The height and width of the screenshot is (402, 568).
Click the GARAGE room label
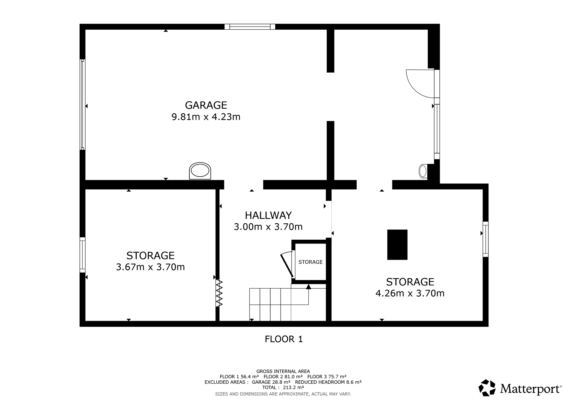(206, 105)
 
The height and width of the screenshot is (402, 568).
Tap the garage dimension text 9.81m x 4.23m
(206, 117)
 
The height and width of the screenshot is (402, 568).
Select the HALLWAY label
(268, 215)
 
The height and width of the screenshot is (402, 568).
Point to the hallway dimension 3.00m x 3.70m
(268, 227)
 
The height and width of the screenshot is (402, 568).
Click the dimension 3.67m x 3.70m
(150, 267)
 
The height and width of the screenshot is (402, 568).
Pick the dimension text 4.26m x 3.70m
(410, 293)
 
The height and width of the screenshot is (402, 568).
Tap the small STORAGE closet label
(310, 262)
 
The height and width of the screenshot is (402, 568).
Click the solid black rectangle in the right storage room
(397, 245)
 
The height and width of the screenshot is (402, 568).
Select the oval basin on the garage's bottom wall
(200, 171)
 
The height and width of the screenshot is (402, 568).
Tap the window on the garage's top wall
(250, 27)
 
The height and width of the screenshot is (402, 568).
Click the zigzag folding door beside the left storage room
(219, 293)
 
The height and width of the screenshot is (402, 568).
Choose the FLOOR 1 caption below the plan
(284, 339)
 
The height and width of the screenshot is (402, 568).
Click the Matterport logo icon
(487, 388)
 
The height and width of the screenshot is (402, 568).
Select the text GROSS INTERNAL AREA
(283, 371)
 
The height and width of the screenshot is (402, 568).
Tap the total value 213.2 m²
(293, 387)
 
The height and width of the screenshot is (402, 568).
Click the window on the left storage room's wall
(83, 255)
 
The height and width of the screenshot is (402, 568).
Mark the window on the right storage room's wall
(485, 239)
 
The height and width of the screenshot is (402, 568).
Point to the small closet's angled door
(287, 265)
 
